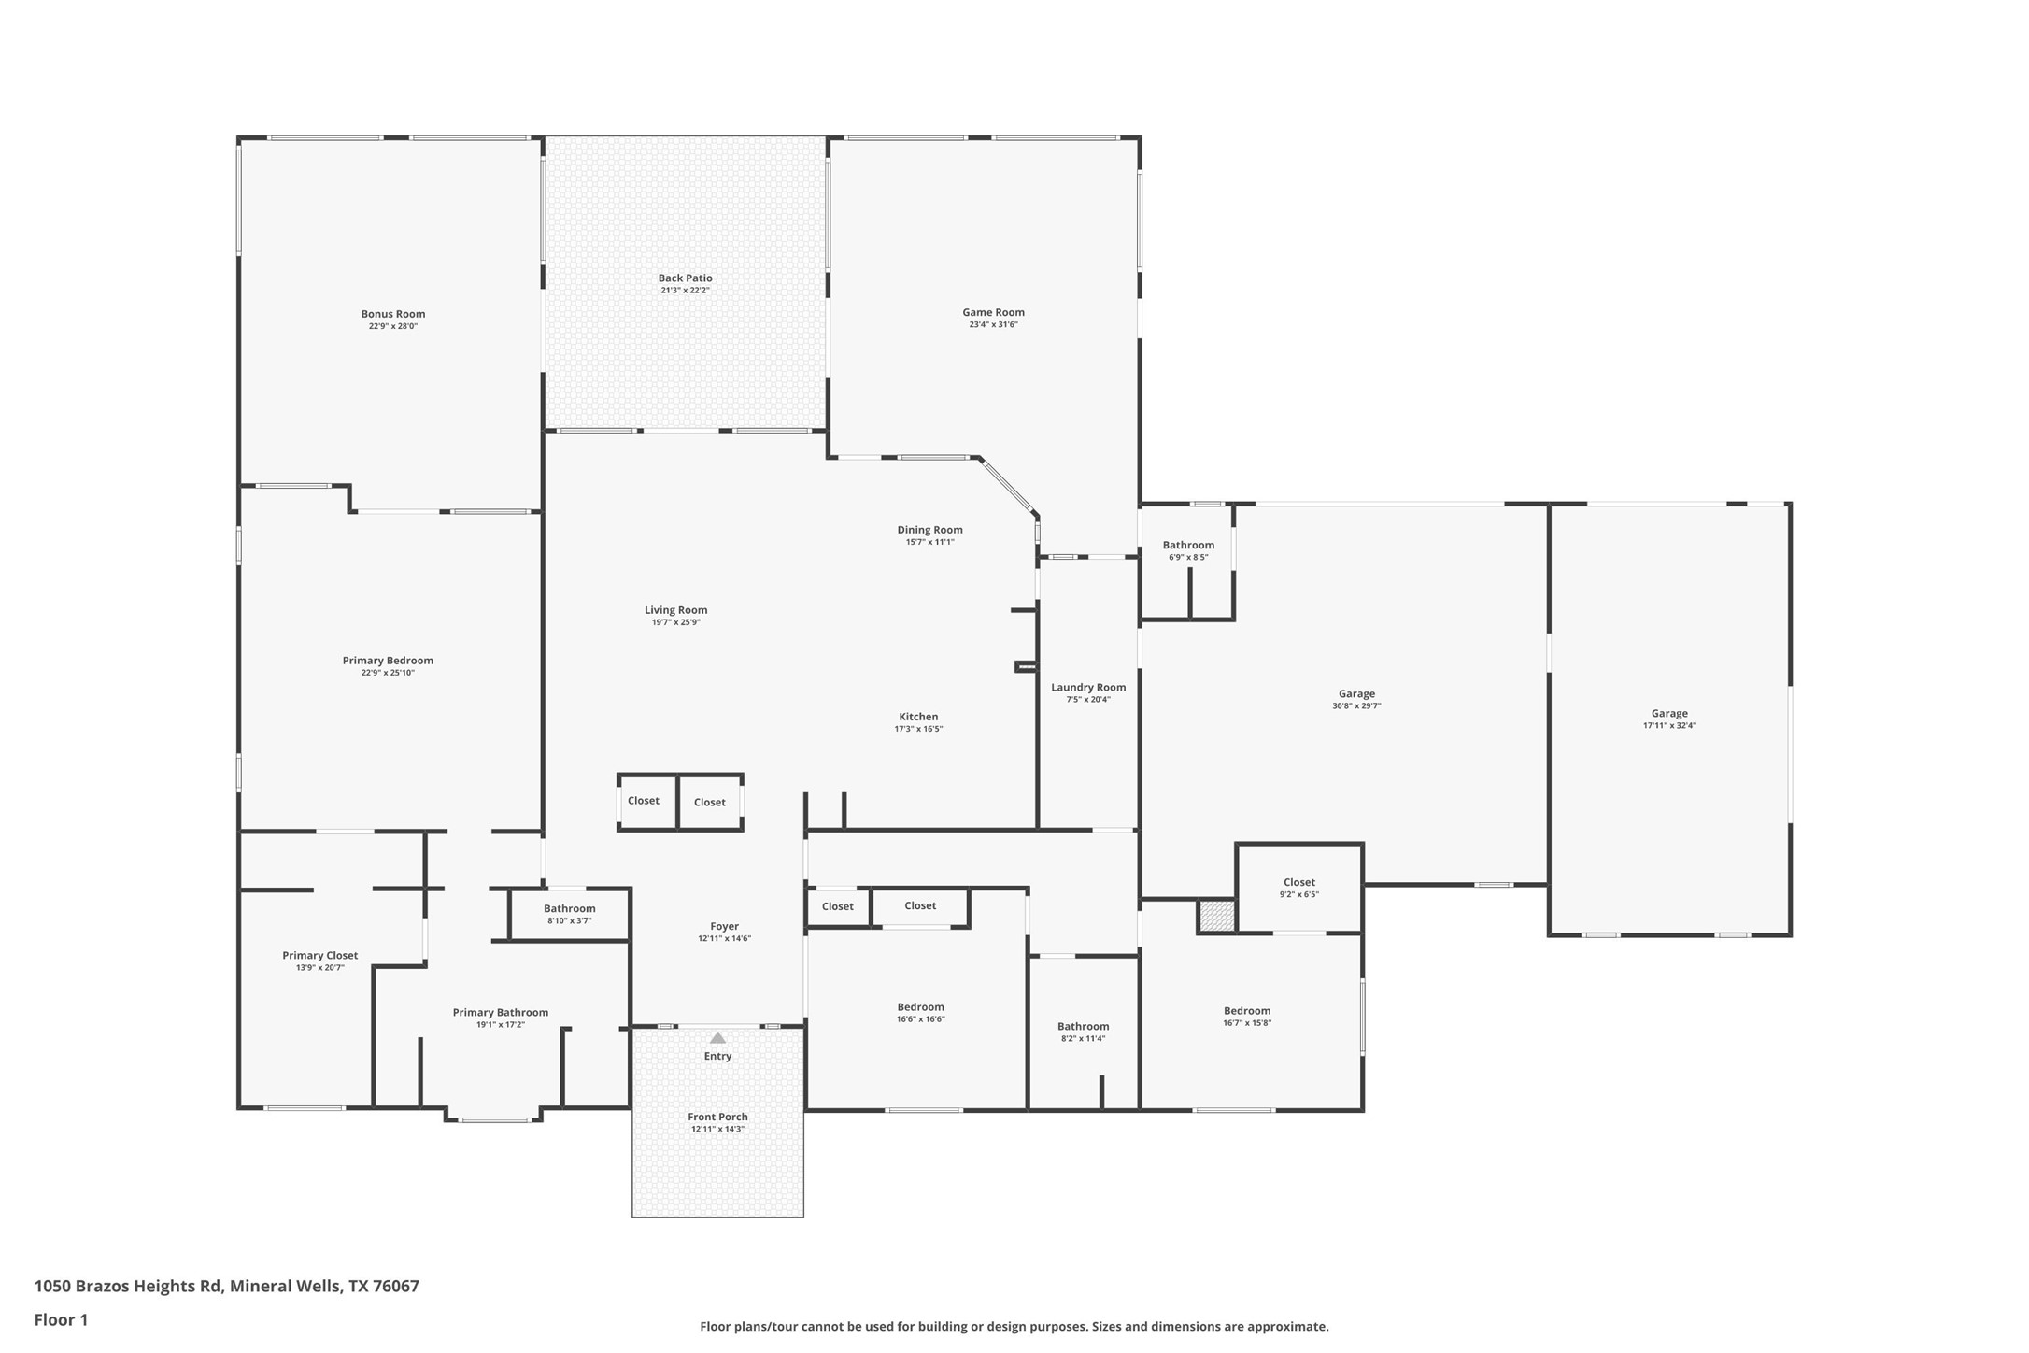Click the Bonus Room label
coord(393,314)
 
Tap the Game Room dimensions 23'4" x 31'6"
coord(993,325)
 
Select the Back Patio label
coord(686,278)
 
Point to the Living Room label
coord(675,610)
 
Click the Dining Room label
coord(929,530)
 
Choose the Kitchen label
coord(918,717)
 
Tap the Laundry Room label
coord(1088,688)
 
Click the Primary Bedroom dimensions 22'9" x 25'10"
coord(388,673)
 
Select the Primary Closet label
coord(320,956)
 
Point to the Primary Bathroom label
coord(501,1013)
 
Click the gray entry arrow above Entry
coord(717,1037)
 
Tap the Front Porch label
coord(717,1117)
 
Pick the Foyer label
coord(724,927)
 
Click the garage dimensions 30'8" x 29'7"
coord(1356,706)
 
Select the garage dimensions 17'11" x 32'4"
coord(1669,726)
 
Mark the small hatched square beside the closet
coord(1217,916)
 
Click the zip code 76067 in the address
coord(396,1286)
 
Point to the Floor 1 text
coord(61,1320)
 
